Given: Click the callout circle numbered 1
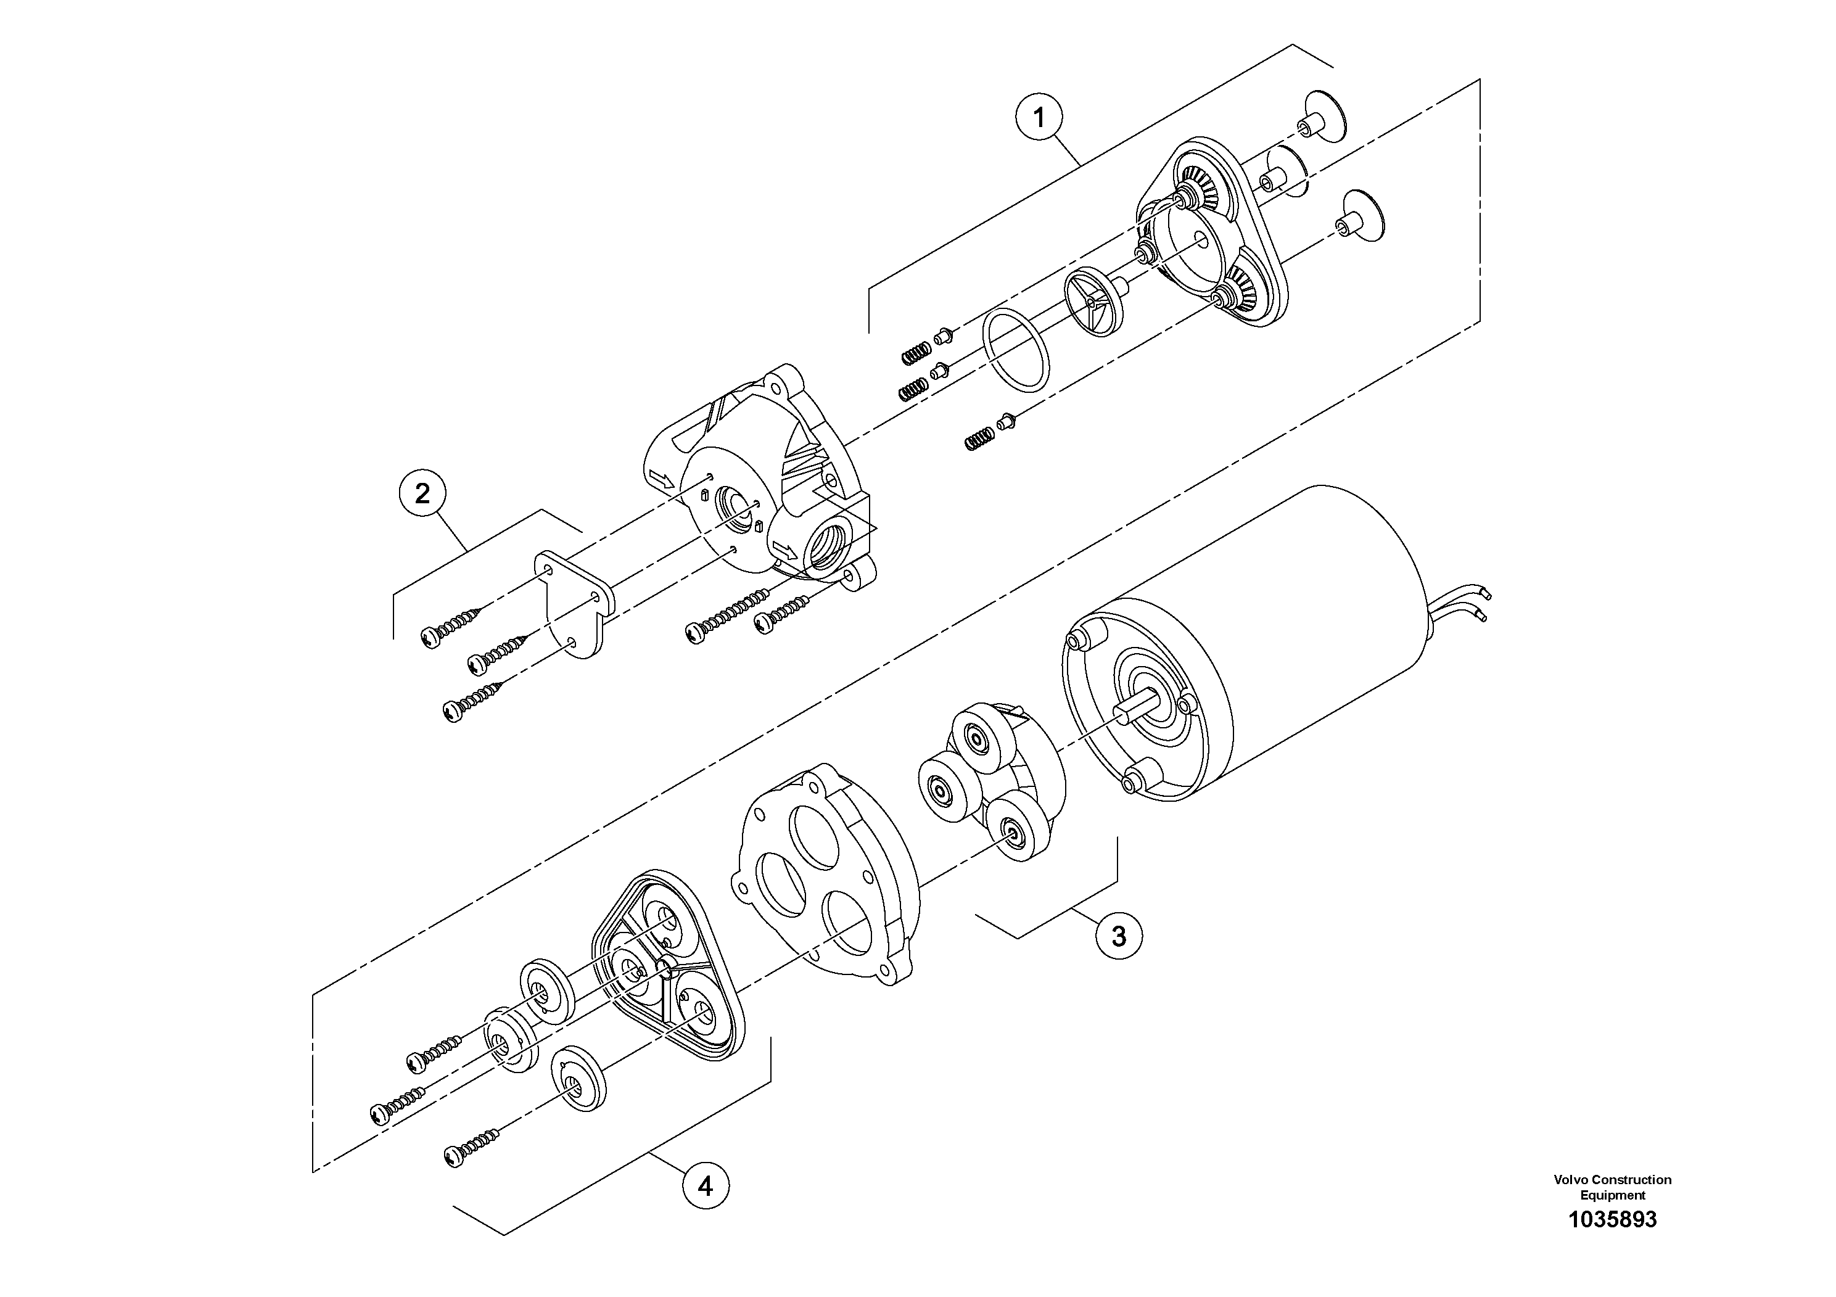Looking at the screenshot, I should click(1039, 118).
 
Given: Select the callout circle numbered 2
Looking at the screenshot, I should click(422, 493).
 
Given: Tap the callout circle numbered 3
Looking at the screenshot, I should click(1118, 935).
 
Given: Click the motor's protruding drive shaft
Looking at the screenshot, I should click(1135, 707).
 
